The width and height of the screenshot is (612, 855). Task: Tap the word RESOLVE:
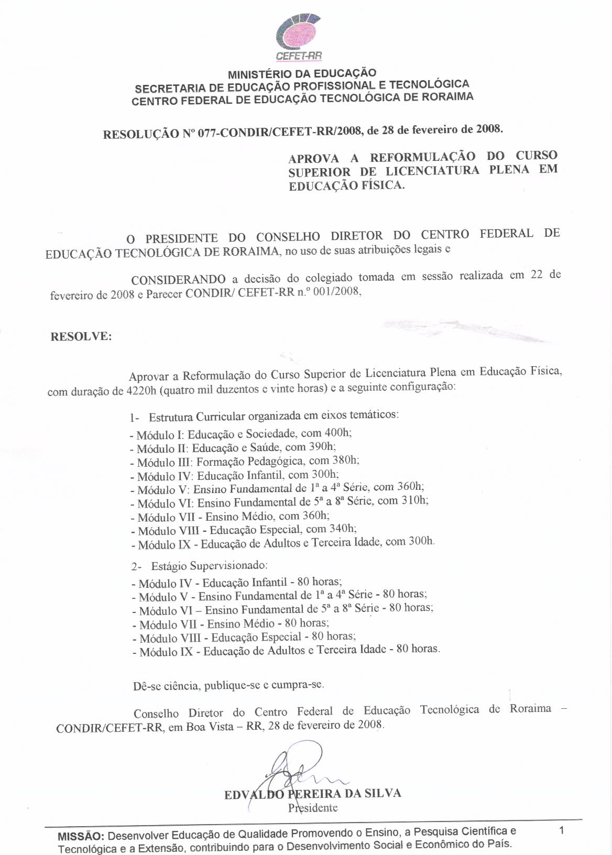(81, 336)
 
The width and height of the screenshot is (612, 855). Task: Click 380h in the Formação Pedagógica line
(346, 461)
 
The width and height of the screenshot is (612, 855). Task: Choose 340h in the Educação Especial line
(343, 529)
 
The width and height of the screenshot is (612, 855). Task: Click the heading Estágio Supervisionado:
(210, 566)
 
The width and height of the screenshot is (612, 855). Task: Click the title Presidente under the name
(313, 808)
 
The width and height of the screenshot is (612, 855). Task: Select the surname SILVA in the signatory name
(380, 793)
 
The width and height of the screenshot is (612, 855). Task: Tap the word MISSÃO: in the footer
(81, 836)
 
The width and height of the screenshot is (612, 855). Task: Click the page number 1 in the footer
(561, 830)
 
